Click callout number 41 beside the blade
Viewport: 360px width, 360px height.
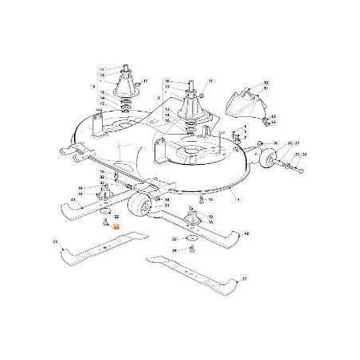73,199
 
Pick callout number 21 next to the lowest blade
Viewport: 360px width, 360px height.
245,279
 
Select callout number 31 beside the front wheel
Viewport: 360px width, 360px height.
166,207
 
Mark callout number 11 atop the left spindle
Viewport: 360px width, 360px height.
102,69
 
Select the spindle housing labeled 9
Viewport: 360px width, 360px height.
124,84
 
